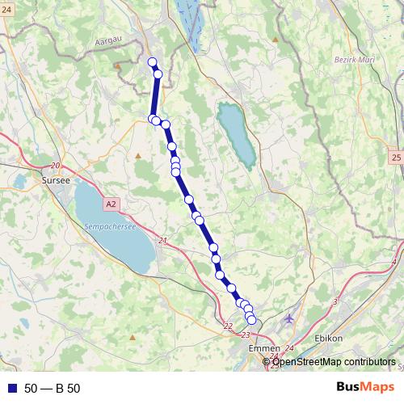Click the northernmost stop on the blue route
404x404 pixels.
point(152,61)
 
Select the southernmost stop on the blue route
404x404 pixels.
point(251,320)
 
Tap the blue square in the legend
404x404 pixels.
point(11,389)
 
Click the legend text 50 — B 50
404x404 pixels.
point(53,389)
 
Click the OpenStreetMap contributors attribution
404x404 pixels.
point(334,362)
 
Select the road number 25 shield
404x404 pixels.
point(394,156)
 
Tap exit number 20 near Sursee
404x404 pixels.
point(55,166)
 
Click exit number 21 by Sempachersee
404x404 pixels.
point(162,241)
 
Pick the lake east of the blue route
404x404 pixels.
point(236,133)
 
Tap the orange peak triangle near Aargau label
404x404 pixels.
point(118,65)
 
